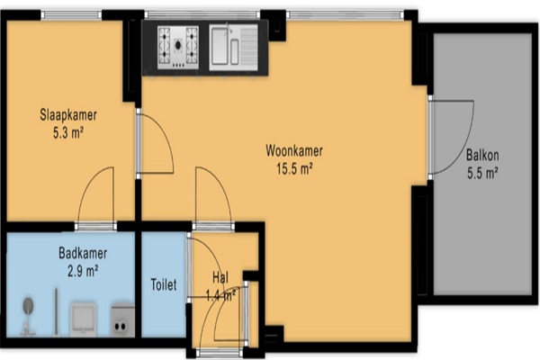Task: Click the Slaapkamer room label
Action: tap(68, 115)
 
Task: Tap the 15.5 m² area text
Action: tap(294, 169)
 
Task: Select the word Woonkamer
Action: tap(294, 151)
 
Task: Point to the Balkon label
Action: tap(482, 156)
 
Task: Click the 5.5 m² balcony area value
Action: tap(482, 173)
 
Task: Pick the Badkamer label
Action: tap(83, 253)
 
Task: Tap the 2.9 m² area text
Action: tap(83, 271)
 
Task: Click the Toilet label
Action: tap(164, 285)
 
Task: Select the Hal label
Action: tap(220, 277)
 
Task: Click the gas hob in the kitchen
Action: tap(178, 47)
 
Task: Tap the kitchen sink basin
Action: tap(220, 46)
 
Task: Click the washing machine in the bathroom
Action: tap(122, 320)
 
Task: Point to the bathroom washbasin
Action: tap(83, 319)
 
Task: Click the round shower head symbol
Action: tap(28, 306)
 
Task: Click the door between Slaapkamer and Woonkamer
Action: tap(155, 144)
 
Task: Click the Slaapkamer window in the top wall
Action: tap(71, 14)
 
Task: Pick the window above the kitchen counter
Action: tap(202, 14)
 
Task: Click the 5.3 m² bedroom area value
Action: tap(68, 132)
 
